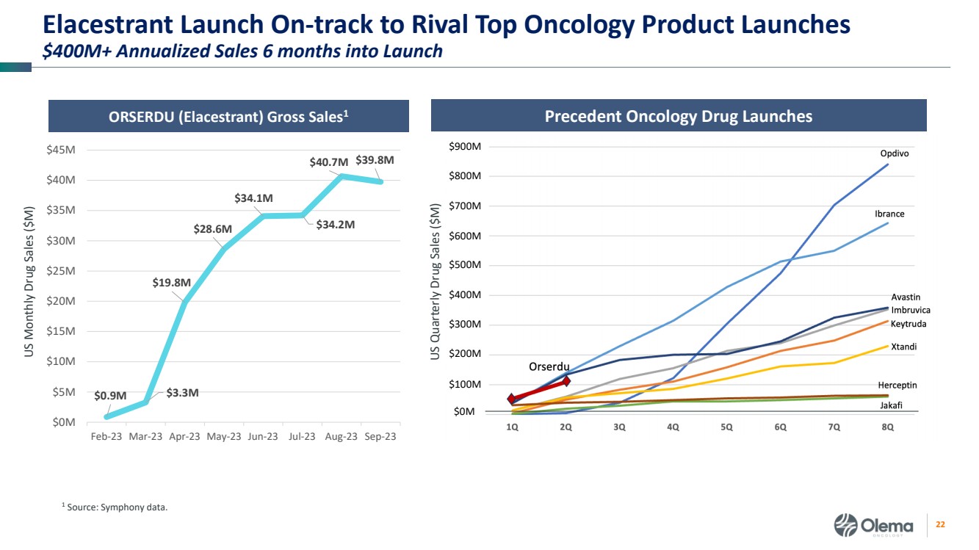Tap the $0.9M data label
tap(110, 396)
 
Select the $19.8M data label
tap(172, 282)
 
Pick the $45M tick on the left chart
tap(60, 150)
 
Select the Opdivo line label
tap(895, 153)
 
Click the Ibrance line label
tap(889, 214)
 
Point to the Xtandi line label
tap(903, 347)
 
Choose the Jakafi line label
tap(891, 405)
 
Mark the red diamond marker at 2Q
tap(566, 382)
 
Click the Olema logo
tap(874, 526)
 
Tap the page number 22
tap(939, 525)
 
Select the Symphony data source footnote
tap(114, 506)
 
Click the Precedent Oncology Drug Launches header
tap(679, 116)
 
